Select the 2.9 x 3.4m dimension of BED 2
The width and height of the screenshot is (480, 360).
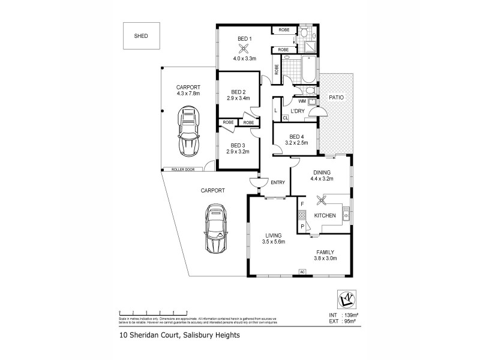point(238,98)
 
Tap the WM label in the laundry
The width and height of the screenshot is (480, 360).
point(302,101)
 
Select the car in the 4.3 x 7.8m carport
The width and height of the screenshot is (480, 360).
point(189,131)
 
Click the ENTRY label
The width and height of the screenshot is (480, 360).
point(277,183)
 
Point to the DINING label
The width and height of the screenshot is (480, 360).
point(321,172)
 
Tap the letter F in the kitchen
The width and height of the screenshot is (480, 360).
point(302,205)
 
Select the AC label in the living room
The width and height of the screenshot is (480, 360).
point(303,271)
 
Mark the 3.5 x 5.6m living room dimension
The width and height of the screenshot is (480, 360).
point(273,242)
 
